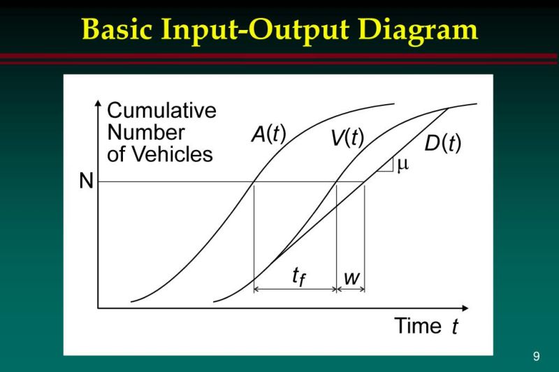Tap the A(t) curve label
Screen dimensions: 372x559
tap(269, 134)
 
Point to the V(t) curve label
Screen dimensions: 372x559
tap(347, 137)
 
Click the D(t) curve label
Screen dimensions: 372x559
tap(443, 144)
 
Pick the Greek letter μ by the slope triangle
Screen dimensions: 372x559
tap(402, 165)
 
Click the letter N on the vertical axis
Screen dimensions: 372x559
tap(86, 181)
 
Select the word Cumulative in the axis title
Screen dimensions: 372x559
tap(161, 111)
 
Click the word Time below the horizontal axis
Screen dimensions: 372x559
tap(418, 325)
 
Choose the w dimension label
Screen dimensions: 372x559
tap(351, 277)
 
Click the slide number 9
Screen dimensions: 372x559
tap(536, 357)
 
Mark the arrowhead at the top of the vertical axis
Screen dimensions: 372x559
tap(97, 106)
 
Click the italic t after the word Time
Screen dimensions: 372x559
tap(454, 327)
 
